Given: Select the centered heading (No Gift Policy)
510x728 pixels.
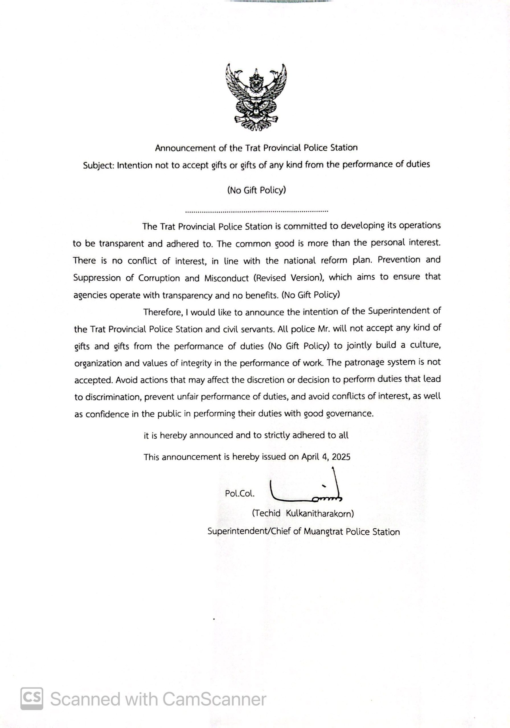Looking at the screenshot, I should pos(257,190).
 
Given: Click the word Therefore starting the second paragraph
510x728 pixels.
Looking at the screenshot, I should pos(163,312).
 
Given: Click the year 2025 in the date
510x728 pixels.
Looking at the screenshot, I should pos(341,457).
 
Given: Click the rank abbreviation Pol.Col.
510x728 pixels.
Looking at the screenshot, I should pos(240,494).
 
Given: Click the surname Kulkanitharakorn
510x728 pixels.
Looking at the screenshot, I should pos(320,514).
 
